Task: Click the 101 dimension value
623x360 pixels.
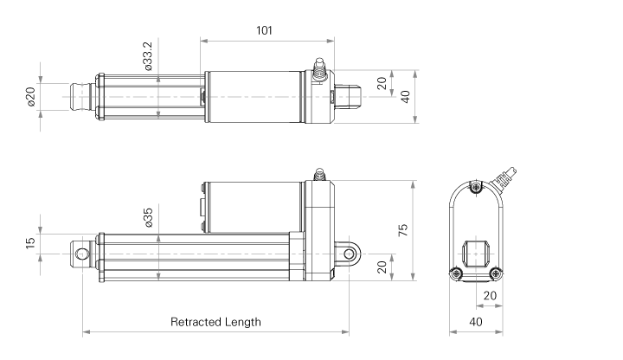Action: click(265, 30)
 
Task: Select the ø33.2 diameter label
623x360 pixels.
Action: click(148, 56)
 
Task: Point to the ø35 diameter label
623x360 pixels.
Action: click(148, 218)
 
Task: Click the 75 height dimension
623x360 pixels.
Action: click(403, 229)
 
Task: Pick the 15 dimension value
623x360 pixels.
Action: click(30, 244)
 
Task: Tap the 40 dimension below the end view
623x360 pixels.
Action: click(475, 322)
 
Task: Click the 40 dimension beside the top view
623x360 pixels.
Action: click(403, 95)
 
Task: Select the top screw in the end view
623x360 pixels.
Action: click(474, 187)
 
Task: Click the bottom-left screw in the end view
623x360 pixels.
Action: click(456, 274)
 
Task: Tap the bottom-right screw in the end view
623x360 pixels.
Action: click(494, 274)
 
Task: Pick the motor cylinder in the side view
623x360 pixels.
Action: click(251, 206)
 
